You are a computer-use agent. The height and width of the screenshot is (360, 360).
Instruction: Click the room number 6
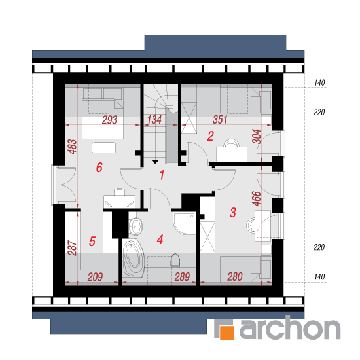click(x=99, y=167)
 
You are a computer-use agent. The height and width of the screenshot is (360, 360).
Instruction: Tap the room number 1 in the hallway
click(x=162, y=175)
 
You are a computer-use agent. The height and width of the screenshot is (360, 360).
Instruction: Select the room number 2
click(x=211, y=136)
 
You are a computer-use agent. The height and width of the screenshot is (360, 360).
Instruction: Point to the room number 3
click(x=233, y=212)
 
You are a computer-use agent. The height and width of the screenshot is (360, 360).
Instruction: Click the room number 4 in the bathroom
click(x=160, y=240)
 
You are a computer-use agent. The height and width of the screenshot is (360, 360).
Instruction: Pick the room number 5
click(x=92, y=242)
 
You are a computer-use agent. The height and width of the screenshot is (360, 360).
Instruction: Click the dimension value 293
click(x=109, y=120)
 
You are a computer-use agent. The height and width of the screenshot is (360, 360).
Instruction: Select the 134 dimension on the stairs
click(x=154, y=120)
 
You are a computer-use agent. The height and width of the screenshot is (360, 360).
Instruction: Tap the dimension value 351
click(x=220, y=120)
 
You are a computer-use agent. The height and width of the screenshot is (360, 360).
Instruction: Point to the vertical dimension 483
click(x=72, y=147)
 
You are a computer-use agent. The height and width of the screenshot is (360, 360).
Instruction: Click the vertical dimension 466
click(x=257, y=198)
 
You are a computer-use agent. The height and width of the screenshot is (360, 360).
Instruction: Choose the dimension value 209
click(x=95, y=277)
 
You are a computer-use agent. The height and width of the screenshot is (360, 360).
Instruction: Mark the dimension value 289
click(x=182, y=277)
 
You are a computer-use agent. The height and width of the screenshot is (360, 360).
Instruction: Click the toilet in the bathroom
click(x=175, y=260)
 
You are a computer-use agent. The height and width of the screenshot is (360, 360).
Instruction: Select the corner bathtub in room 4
click(x=133, y=258)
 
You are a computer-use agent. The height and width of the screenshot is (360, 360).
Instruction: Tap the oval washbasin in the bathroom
click(x=136, y=226)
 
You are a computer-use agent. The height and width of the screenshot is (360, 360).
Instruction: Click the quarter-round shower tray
click(x=185, y=223)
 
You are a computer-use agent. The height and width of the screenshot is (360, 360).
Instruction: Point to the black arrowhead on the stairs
click(x=155, y=162)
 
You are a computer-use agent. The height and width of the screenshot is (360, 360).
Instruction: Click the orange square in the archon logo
click(x=226, y=333)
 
